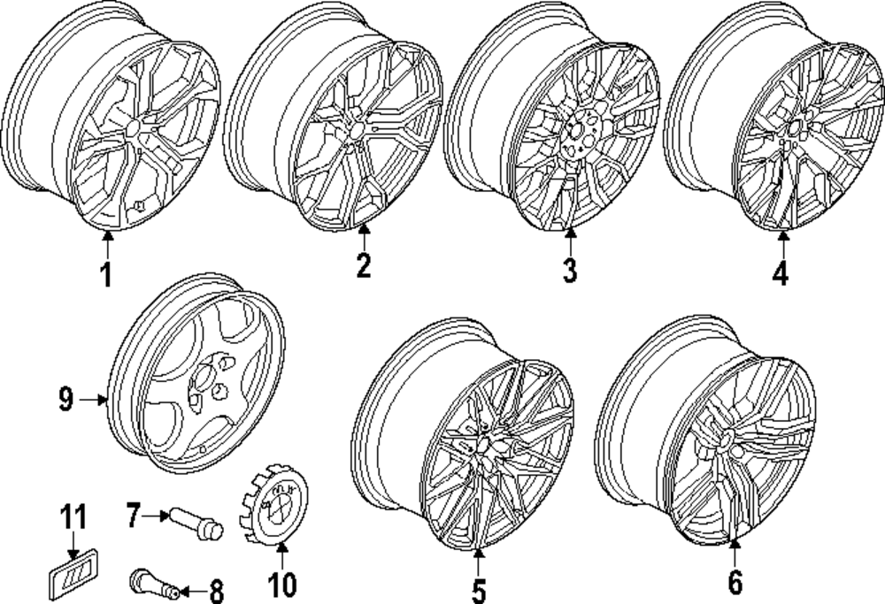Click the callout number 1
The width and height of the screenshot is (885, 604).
coord(105,275)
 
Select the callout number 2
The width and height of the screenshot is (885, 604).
coord(363,265)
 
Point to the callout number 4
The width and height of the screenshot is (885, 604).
coord(779,273)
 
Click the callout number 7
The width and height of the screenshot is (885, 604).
coord(133,515)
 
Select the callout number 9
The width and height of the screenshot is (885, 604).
coord(65,401)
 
